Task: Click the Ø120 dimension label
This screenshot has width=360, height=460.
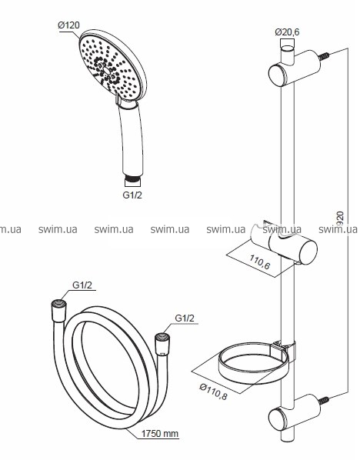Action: [x=69, y=25]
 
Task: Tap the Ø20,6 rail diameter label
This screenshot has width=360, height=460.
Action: [x=287, y=32]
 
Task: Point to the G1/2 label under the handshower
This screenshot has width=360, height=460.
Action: [x=132, y=195]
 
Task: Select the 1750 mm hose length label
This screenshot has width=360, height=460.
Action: [x=160, y=433]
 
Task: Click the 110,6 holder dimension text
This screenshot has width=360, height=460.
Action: [x=260, y=262]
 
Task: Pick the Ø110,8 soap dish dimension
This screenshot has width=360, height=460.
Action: [x=213, y=392]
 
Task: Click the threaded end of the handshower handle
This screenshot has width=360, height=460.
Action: [x=132, y=178]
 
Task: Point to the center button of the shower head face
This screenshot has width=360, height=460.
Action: [x=106, y=71]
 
